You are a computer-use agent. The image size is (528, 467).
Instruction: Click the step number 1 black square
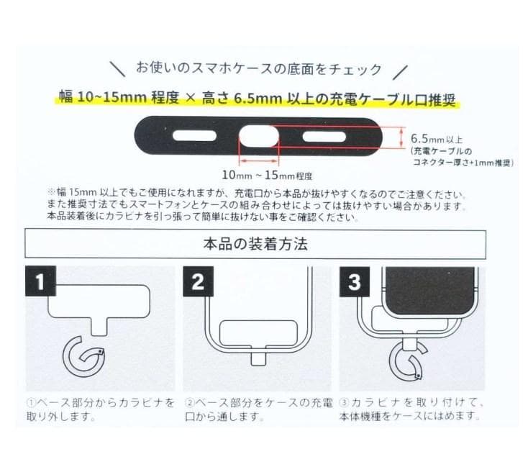[40, 281]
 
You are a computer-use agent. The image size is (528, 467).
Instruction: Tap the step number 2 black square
[198, 281]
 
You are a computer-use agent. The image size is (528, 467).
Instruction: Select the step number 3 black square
[354, 281]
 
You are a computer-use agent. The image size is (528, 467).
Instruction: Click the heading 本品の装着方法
[255, 244]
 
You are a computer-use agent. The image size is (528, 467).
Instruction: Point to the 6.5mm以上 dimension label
[437, 138]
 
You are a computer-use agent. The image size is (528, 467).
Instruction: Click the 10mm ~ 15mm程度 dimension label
[267, 175]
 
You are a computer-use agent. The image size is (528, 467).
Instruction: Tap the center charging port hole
[259, 137]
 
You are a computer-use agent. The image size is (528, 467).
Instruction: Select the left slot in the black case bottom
[194, 136]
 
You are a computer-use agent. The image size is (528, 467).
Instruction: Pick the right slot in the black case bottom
[324, 137]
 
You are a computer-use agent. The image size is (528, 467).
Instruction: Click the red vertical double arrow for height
[401, 137]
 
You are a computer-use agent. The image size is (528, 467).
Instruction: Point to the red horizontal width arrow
[259, 161]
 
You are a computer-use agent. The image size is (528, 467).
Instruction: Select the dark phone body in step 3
[429, 291]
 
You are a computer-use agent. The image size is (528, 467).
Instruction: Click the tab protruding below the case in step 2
[259, 358]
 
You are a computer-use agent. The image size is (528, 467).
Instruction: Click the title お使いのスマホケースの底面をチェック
[259, 69]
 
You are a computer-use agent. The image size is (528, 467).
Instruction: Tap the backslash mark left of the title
[118, 69]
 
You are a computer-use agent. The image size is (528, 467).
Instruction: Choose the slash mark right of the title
[401, 72]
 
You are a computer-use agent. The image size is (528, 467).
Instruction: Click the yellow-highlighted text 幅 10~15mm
[103, 97]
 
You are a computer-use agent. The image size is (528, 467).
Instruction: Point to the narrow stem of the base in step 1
[99, 327]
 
